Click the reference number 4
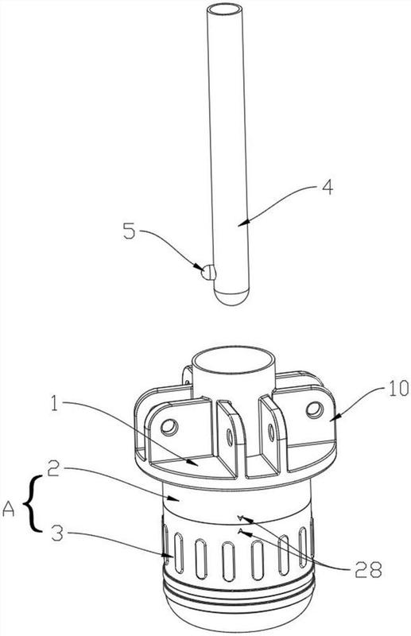328,188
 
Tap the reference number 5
129,231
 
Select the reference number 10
397,389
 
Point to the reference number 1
54,403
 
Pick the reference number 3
56,533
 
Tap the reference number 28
368,569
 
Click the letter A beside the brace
8,510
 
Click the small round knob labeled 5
208,272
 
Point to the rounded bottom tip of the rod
231,297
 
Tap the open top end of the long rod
224,9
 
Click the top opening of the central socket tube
234,360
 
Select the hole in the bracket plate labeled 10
315,410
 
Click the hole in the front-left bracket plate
169,426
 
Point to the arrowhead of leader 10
332,417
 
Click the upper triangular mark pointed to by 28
240,518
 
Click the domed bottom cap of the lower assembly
238,612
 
